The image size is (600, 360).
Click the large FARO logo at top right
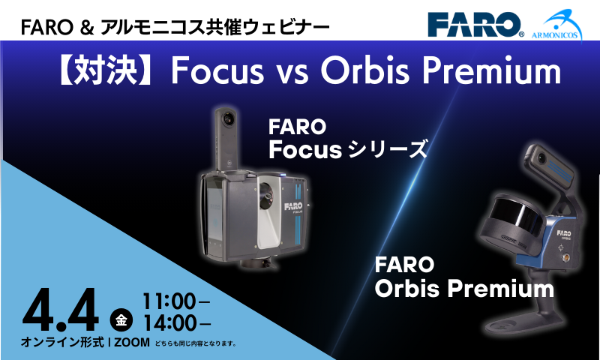coord(475,25)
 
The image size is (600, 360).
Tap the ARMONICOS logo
coord(556,25)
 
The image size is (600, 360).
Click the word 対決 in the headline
coord(104,71)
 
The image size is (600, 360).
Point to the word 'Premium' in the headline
coord(491,70)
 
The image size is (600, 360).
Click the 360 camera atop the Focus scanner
coord(227,139)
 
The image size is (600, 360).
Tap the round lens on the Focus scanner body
coord(266,196)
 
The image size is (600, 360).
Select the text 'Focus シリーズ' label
coord(348,149)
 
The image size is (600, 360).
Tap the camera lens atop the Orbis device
coord(541,157)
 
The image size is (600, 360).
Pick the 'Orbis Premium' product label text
coord(464,289)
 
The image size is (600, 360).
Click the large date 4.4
coord(61,310)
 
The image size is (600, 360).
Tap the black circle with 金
coord(121,319)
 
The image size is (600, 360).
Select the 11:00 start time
coord(169,301)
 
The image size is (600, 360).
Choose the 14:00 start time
coord(170,323)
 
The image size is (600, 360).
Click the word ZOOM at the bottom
coord(132,343)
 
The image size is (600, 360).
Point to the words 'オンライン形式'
coord(62,342)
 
